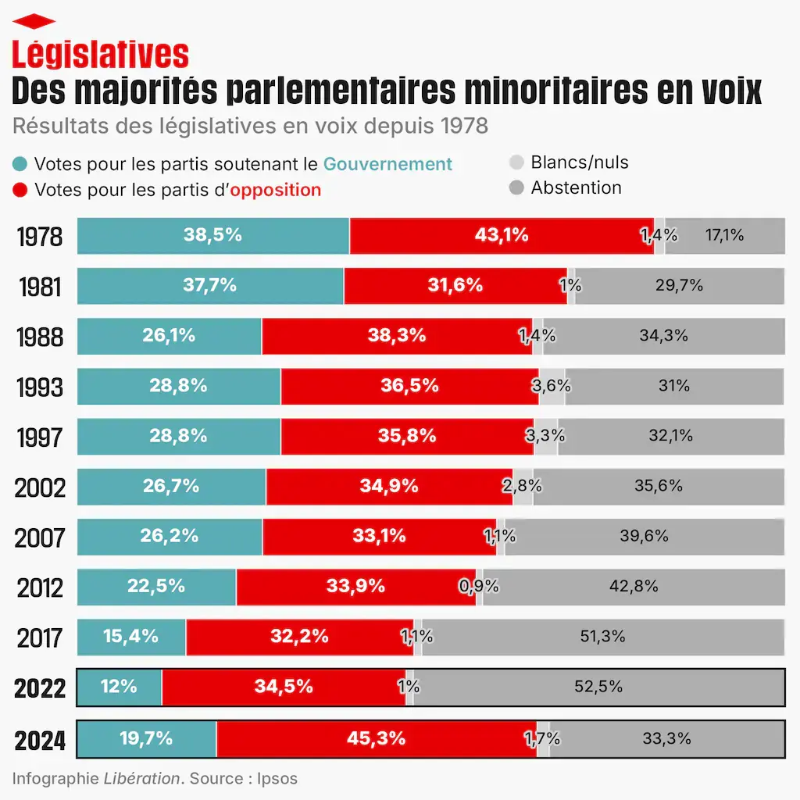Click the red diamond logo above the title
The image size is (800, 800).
point(34,21)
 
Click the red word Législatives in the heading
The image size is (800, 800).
point(100,54)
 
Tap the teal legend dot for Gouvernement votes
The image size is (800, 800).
point(20,164)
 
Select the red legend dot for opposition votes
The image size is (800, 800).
point(20,190)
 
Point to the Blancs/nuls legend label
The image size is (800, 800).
point(579,162)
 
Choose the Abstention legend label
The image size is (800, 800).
point(576,187)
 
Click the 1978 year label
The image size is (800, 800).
point(39,237)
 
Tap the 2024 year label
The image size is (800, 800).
point(40,739)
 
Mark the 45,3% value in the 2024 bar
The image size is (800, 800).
point(377,738)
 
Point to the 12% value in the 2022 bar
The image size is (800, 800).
point(119,687)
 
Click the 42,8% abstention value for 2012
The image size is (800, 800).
point(634,586)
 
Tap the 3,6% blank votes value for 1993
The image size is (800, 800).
point(552,386)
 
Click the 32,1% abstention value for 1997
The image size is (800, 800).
point(670,436)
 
